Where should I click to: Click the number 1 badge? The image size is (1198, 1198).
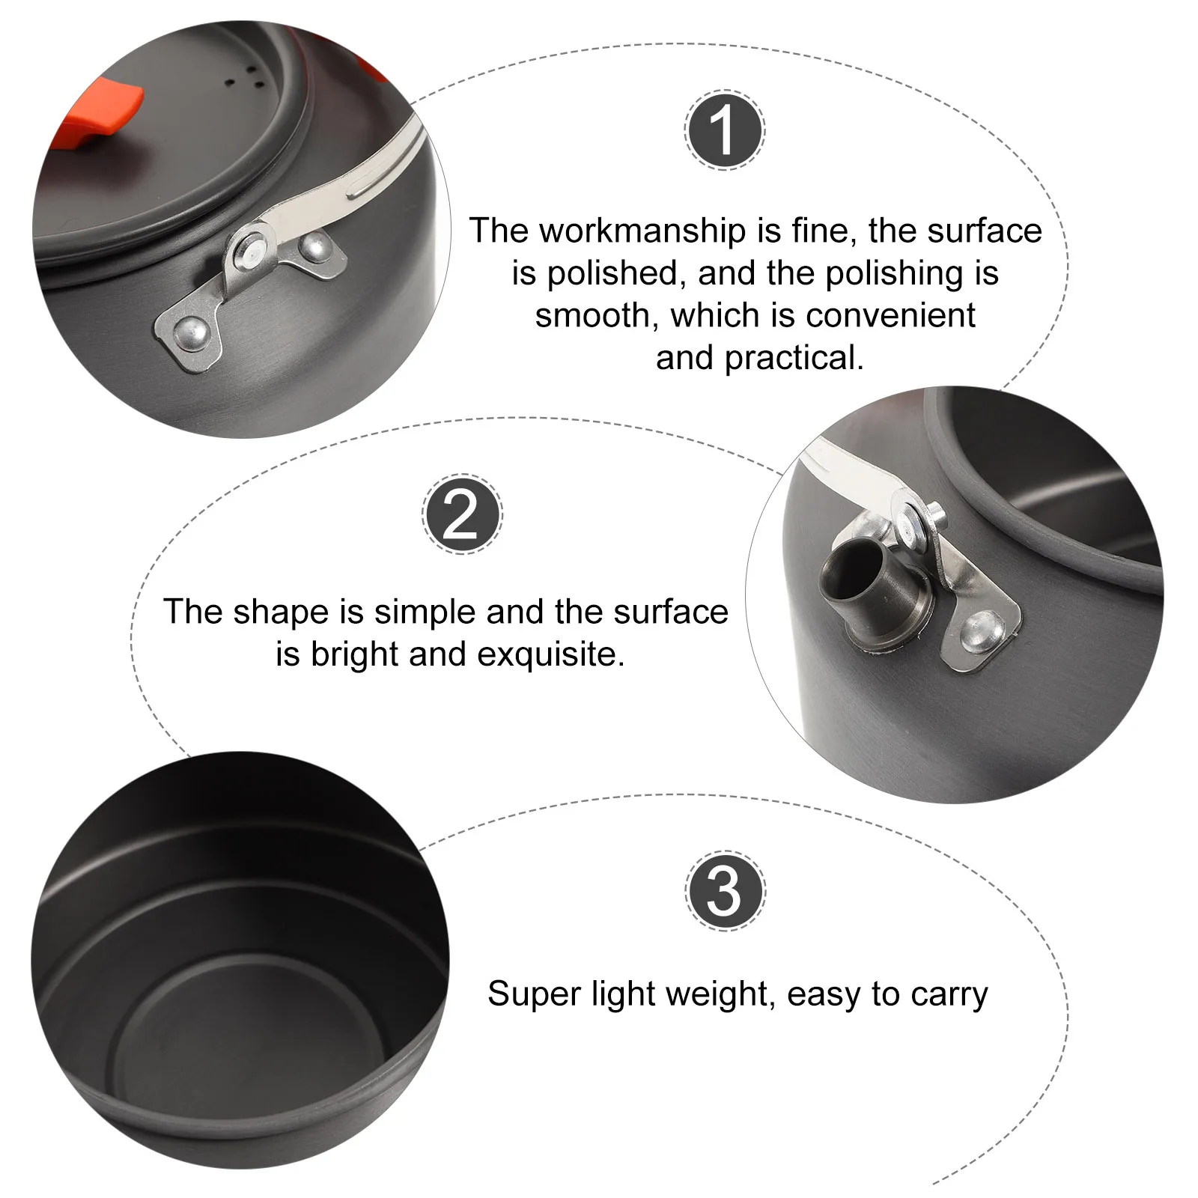(x=724, y=131)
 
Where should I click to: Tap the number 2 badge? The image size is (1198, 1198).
(x=461, y=515)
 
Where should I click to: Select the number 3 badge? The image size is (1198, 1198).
(x=724, y=891)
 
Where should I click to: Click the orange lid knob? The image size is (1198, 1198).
(x=105, y=116)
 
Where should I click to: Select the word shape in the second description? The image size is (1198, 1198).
(x=281, y=612)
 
